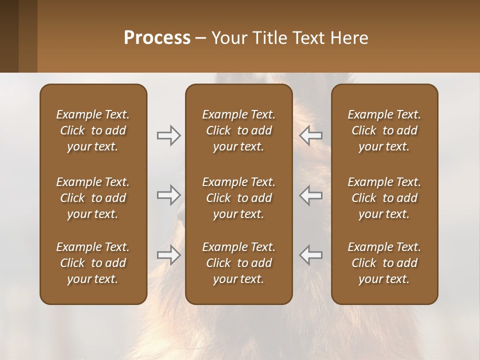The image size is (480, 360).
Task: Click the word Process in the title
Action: (157, 38)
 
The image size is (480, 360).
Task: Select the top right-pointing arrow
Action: (168, 135)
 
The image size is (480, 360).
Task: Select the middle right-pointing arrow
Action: (168, 195)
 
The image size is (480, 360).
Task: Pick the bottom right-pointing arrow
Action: (168, 255)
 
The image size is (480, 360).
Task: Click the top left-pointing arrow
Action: (311, 135)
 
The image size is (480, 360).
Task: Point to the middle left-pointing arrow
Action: (311, 195)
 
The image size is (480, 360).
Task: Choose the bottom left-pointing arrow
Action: (311, 255)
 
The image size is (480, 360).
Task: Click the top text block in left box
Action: (93, 130)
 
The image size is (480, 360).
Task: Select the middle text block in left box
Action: (93, 198)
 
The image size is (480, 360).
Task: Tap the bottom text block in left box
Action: (93, 263)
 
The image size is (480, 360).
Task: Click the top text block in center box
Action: (238, 130)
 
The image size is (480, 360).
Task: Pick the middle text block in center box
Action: (238, 198)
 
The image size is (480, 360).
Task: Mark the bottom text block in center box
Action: (238, 263)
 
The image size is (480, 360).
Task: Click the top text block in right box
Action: (384, 130)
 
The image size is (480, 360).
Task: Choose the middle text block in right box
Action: (384, 198)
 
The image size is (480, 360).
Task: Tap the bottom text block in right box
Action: (384, 263)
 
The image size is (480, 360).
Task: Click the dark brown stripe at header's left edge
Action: (9, 36)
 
